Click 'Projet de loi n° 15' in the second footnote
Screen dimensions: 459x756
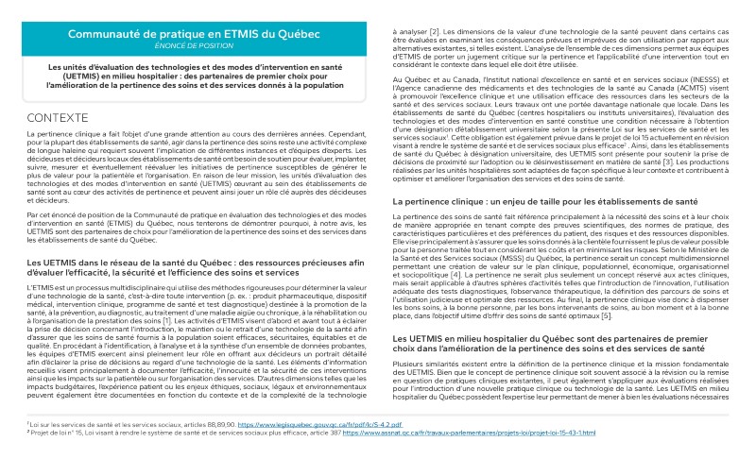(52, 433)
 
